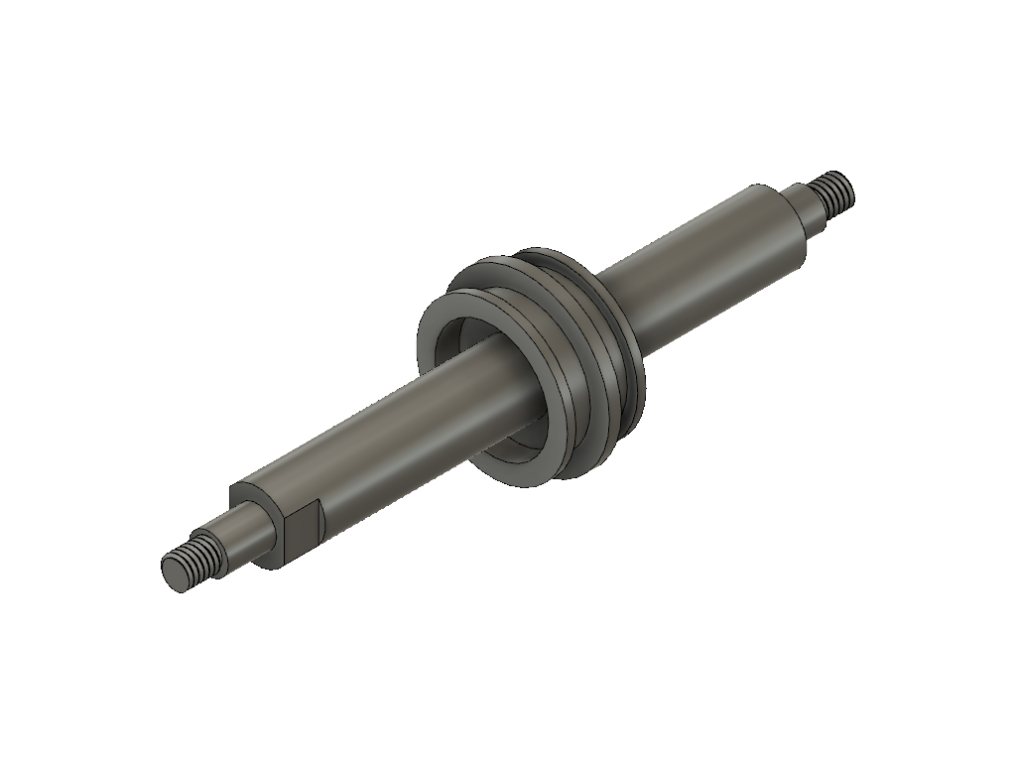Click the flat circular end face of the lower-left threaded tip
click(175, 574)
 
